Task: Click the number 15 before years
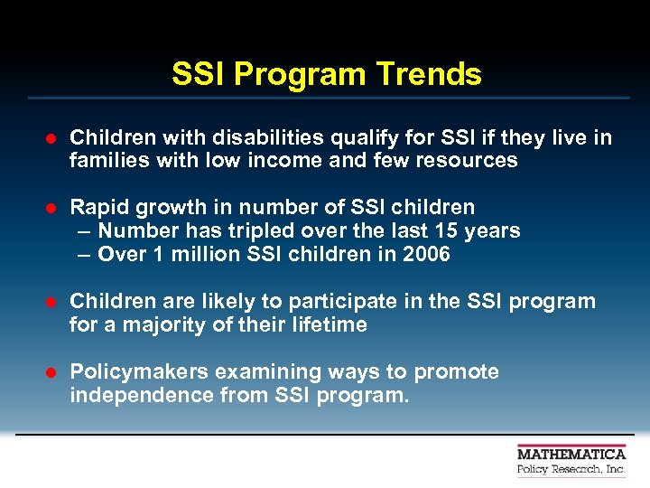click(446, 230)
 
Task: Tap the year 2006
click(426, 254)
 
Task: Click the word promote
click(459, 372)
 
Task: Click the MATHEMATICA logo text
click(571, 454)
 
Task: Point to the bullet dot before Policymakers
click(51, 372)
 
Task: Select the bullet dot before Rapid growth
click(51, 208)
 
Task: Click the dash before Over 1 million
click(84, 254)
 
